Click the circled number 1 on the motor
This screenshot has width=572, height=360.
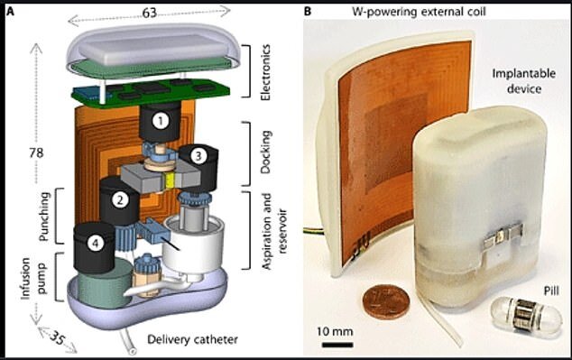[x=161, y=121]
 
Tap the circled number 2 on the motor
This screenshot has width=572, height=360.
[x=120, y=199]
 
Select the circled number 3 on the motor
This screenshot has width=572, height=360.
[x=198, y=156]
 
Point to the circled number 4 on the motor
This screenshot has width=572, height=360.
[x=96, y=243]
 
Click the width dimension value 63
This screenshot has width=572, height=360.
[x=150, y=13]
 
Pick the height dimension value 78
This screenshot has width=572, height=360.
[x=36, y=152]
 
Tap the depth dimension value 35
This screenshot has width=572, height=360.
[x=57, y=338]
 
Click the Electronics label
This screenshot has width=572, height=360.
[x=265, y=72]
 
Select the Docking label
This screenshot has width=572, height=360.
[x=265, y=152]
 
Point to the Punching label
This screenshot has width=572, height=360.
[x=44, y=217]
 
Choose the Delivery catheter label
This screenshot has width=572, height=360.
[x=192, y=339]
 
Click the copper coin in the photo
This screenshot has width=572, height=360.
[x=386, y=301]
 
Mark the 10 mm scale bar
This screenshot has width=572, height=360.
[x=337, y=345]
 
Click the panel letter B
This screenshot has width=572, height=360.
[x=308, y=12]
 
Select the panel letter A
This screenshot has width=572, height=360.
[x=11, y=12]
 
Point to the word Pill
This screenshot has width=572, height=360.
[x=551, y=291]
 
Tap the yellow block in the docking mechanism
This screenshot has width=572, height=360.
[x=170, y=181]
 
